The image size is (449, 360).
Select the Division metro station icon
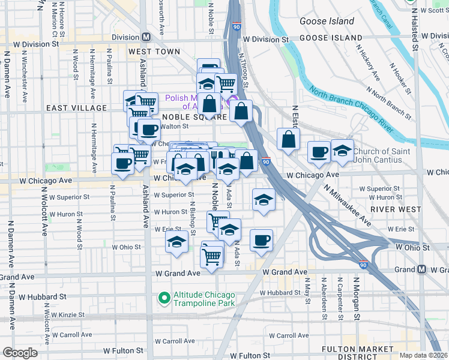[146, 37]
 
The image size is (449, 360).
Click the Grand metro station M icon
[421, 269]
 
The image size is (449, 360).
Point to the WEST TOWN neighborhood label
[154, 52]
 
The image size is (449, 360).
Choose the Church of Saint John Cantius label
[382, 155]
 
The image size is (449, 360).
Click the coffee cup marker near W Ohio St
[261, 240]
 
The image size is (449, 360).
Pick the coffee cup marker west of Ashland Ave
[123, 164]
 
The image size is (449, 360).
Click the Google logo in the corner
[20, 353]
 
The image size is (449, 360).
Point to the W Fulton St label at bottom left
[123, 350]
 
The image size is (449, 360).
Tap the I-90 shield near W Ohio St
[364, 265]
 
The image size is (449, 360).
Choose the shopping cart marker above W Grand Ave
[211, 257]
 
